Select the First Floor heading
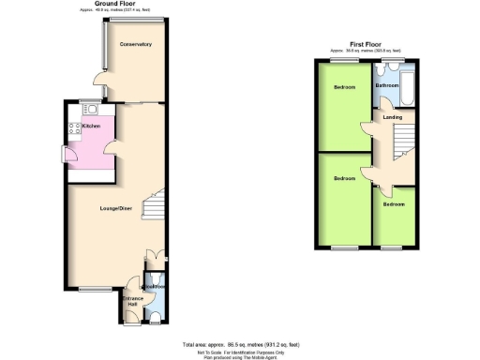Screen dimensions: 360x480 [368, 43]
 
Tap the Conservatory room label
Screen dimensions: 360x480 [135, 44]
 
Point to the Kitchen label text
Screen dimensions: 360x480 [91, 125]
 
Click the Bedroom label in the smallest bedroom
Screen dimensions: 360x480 [394, 203]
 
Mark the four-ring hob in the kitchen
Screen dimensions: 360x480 [70, 127]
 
